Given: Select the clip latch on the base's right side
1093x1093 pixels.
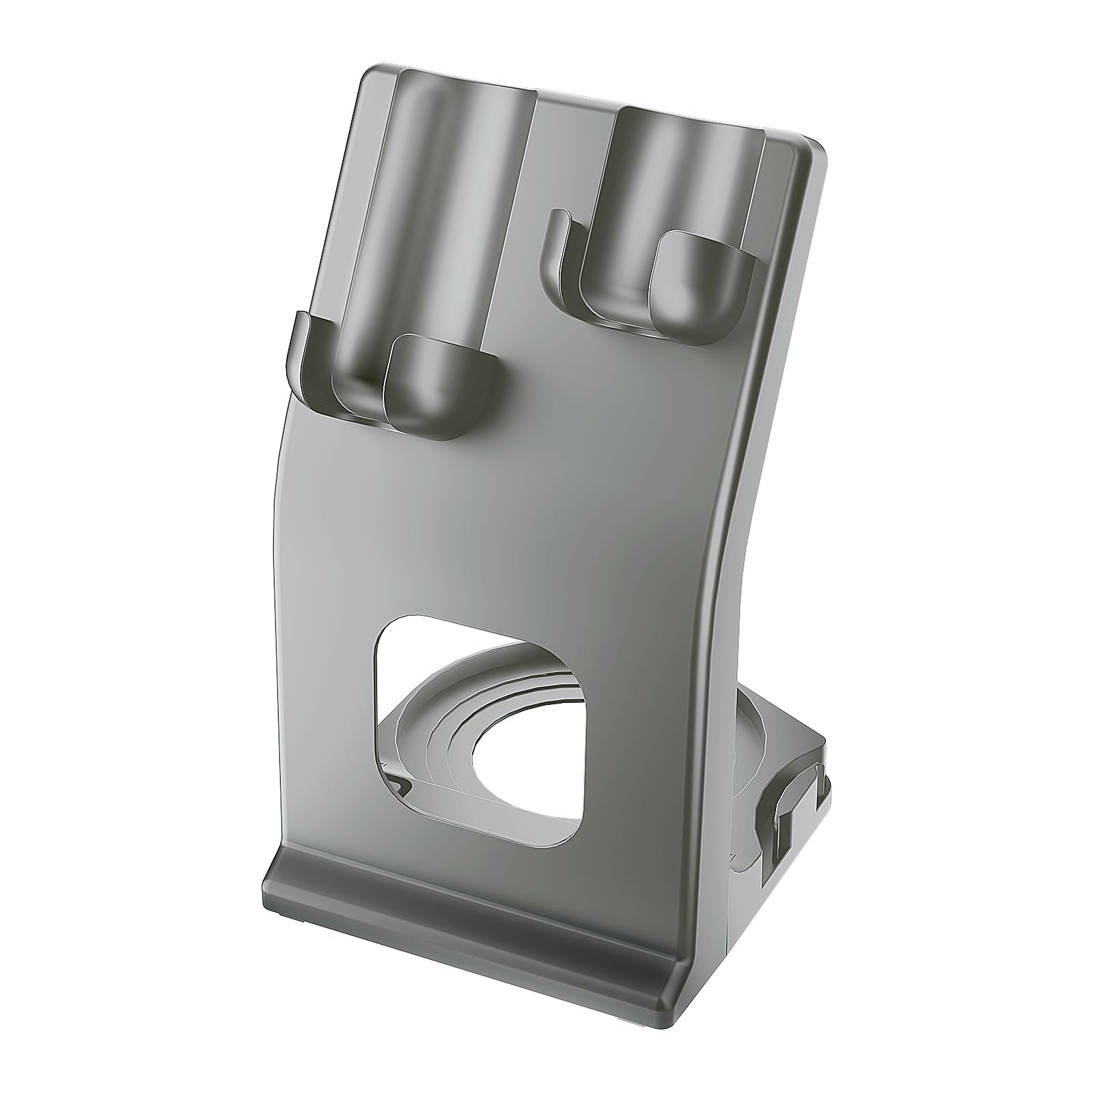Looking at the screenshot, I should click(792, 813).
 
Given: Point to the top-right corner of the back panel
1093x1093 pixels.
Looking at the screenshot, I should click(816, 147).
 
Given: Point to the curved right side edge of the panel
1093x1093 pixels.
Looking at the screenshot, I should click(741, 546).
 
